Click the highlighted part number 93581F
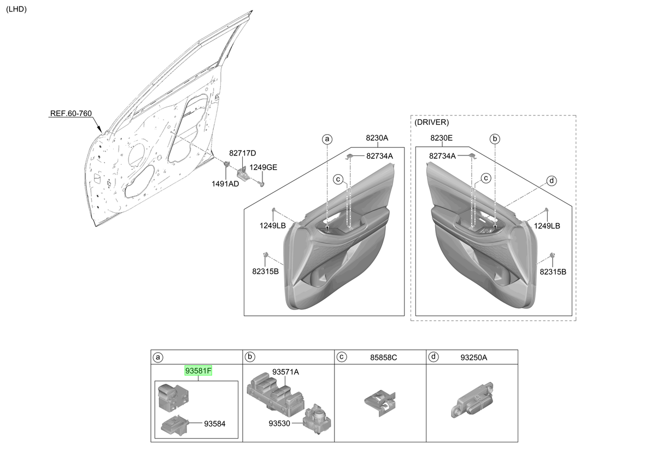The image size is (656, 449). (x=198, y=371)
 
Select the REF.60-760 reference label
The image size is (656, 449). (x=71, y=113)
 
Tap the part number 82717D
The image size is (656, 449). (x=243, y=153)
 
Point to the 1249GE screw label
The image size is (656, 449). (x=263, y=167)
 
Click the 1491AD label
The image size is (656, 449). (x=225, y=184)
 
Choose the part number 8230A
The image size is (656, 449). (x=377, y=138)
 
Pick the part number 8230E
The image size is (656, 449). (x=441, y=138)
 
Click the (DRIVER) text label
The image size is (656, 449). (x=432, y=122)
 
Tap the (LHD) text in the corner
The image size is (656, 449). (x=16, y=9)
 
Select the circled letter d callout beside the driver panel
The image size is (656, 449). (x=552, y=181)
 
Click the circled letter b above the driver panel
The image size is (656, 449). (x=495, y=139)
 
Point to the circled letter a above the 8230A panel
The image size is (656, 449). (x=327, y=139)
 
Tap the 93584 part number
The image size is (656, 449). (x=215, y=424)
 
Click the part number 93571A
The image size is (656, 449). (x=285, y=372)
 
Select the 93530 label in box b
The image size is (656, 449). (x=279, y=423)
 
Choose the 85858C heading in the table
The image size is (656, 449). (x=383, y=358)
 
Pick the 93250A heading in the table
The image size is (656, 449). (x=473, y=358)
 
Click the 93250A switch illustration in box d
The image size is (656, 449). (x=472, y=400)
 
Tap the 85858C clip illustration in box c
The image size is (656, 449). (x=380, y=402)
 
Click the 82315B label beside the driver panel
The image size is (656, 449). (x=553, y=272)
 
